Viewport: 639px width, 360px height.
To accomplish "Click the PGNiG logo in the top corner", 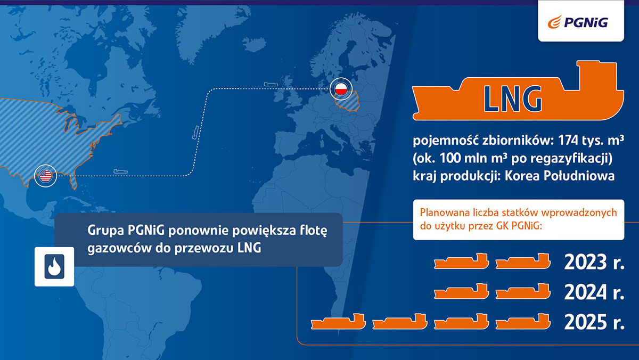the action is pos(578,22).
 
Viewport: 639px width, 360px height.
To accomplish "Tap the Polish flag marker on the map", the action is pos(341,89).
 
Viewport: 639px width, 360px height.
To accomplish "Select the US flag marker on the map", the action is pos(46,176).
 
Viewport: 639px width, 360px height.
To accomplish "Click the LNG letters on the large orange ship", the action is pos(513,99).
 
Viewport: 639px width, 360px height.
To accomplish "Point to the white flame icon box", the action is pos(54,266).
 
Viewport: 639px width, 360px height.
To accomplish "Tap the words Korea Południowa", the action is pos(560,176).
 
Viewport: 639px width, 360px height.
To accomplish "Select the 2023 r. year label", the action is pos(594,262).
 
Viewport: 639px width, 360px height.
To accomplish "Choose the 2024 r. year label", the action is pos(594,292).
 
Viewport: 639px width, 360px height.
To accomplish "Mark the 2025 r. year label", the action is pos(594,322).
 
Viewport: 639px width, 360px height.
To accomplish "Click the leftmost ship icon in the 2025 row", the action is pos(338,322).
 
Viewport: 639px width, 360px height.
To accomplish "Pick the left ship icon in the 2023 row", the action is pos(461,261).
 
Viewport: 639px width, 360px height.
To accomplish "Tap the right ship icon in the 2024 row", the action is pos(523,291).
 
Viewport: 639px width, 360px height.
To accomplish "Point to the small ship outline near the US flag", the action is pos(120,171).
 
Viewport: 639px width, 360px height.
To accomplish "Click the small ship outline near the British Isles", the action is pos(271,84).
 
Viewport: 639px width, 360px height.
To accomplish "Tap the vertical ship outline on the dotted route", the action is pos(195,133).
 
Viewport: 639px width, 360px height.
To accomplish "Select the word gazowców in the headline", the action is pos(119,248).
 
